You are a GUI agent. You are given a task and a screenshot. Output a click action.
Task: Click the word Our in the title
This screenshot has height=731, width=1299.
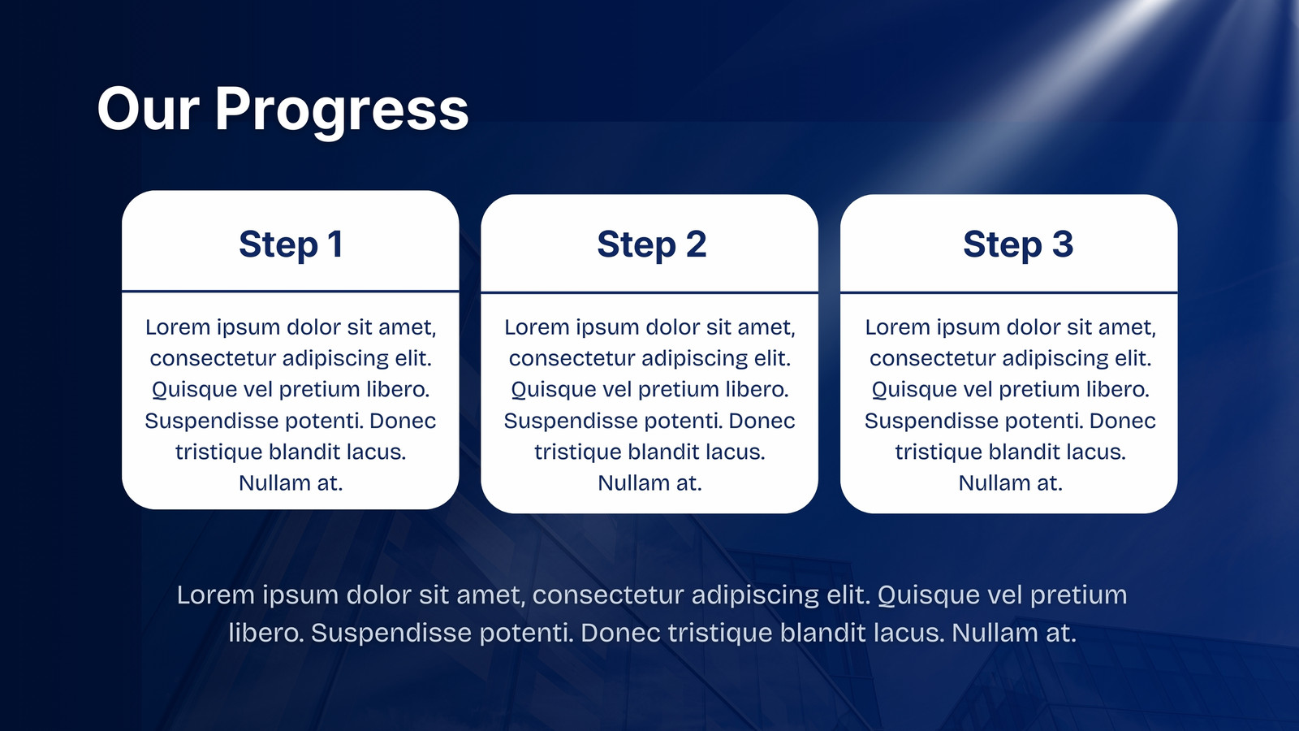149,109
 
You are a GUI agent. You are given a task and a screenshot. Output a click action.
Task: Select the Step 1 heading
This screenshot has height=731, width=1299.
291,244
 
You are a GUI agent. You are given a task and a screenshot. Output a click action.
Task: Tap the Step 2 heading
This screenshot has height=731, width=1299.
651,244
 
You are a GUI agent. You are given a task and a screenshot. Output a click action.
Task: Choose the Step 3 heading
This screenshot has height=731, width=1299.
1018,244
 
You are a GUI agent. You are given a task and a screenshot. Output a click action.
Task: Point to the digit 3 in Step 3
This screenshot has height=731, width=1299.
1063,243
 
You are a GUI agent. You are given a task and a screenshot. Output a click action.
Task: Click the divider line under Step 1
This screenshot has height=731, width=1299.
291,291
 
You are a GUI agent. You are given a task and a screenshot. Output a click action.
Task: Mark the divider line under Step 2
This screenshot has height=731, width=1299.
649,292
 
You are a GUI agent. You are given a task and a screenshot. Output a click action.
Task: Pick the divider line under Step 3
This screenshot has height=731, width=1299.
1009,292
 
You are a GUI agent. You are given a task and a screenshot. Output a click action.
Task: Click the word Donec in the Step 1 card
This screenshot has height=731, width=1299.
403,421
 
